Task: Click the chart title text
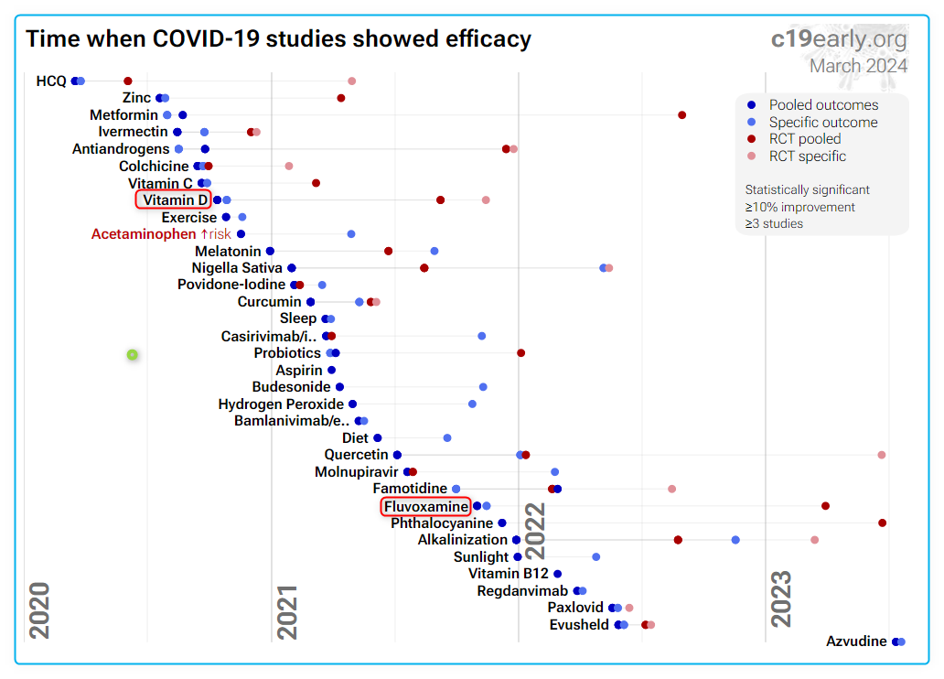click(x=278, y=39)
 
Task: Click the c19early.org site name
click(x=839, y=39)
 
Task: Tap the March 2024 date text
click(x=858, y=66)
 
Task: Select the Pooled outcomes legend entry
click(x=823, y=105)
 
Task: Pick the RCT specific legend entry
click(x=807, y=156)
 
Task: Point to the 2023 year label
click(x=781, y=598)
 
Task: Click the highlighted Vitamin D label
click(x=174, y=199)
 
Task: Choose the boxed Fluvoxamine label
click(x=426, y=506)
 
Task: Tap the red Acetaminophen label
click(x=145, y=234)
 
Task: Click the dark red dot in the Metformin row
click(x=682, y=115)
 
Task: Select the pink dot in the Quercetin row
click(x=882, y=455)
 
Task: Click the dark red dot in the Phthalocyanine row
click(x=883, y=523)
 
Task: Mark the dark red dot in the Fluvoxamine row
click(x=825, y=506)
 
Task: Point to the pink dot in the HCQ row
click(x=351, y=81)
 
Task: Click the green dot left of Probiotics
click(x=133, y=354)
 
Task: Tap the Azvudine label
click(x=856, y=641)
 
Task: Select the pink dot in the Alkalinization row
click(x=814, y=540)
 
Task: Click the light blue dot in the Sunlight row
click(x=595, y=556)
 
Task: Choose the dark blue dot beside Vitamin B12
click(x=557, y=574)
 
